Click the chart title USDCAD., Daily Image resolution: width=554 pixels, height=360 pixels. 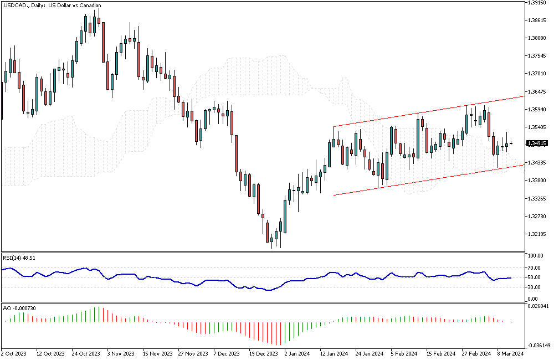click(x=52, y=6)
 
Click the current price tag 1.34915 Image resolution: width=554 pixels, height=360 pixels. click(x=537, y=143)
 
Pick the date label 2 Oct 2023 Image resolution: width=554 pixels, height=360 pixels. click(x=14, y=353)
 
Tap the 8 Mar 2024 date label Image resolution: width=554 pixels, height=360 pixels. click(x=510, y=353)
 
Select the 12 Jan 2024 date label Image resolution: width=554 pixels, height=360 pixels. click(x=334, y=353)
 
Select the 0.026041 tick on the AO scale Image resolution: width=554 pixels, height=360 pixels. click(x=538, y=306)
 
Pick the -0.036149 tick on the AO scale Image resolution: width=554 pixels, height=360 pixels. click(x=538, y=345)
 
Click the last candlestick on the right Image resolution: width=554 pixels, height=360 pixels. click(x=511, y=143)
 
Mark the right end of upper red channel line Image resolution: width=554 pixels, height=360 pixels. click(x=524, y=96)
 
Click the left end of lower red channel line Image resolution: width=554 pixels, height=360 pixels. click(x=334, y=195)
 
